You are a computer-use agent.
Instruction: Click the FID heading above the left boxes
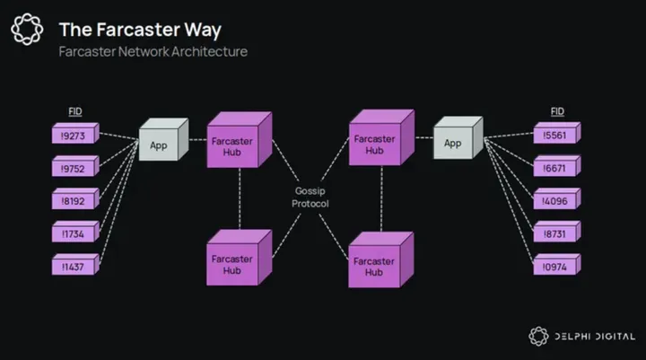coord(76,110)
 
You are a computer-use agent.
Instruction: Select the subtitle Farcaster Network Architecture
coord(153,51)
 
